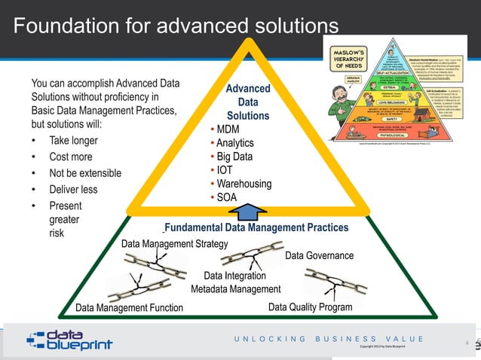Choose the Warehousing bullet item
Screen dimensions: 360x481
(x=244, y=184)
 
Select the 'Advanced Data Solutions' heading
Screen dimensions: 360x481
(x=248, y=102)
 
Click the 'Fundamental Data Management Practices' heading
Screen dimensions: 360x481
(x=256, y=227)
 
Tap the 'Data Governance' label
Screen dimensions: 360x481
(x=319, y=256)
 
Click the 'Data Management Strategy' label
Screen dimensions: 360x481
(x=174, y=243)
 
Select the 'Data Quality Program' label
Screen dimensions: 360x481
(x=310, y=307)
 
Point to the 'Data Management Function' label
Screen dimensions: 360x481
(x=129, y=307)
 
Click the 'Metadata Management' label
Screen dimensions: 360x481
(x=235, y=289)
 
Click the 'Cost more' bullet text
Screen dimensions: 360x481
(x=71, y=157)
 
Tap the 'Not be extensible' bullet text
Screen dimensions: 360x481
(x=84, y=173)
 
